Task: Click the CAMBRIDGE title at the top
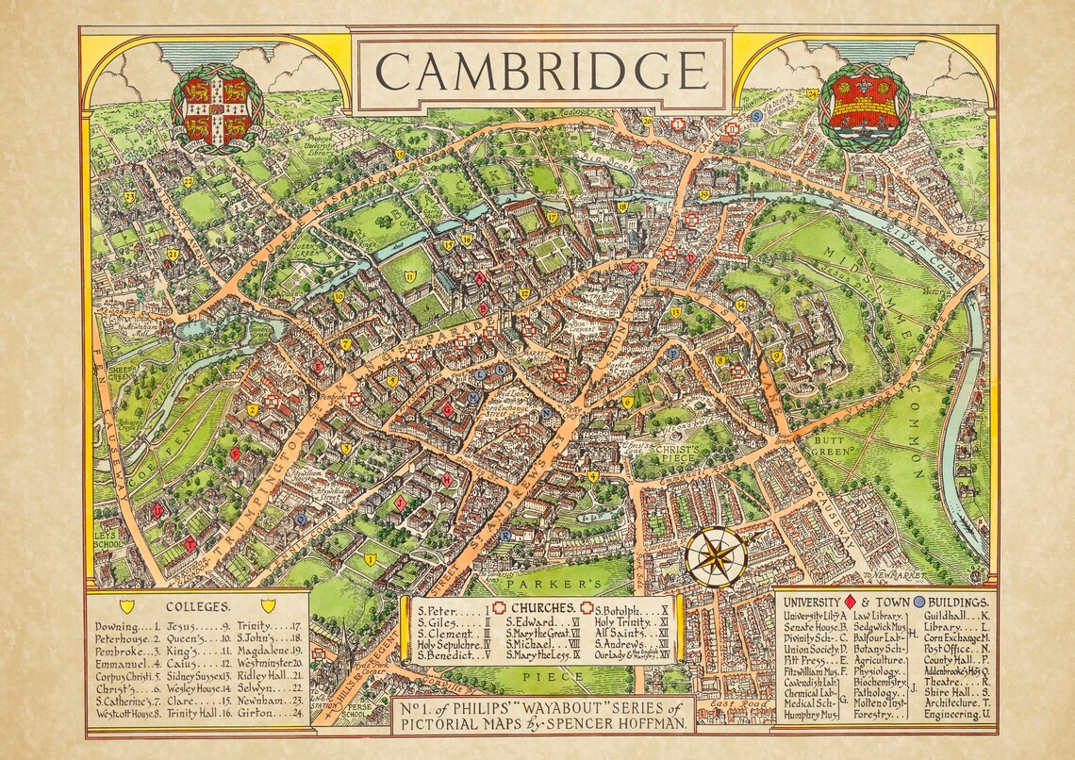[540, 71]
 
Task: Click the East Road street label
[731, 704]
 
